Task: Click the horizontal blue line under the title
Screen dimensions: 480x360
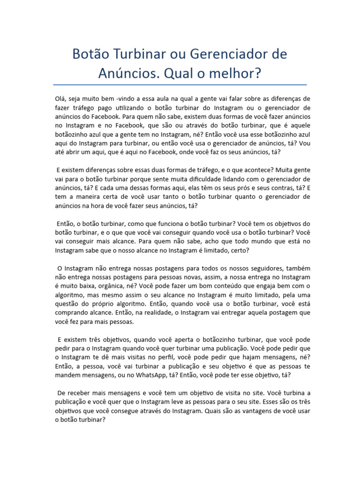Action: [180, 85]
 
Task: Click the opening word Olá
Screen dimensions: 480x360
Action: [60, 99]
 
